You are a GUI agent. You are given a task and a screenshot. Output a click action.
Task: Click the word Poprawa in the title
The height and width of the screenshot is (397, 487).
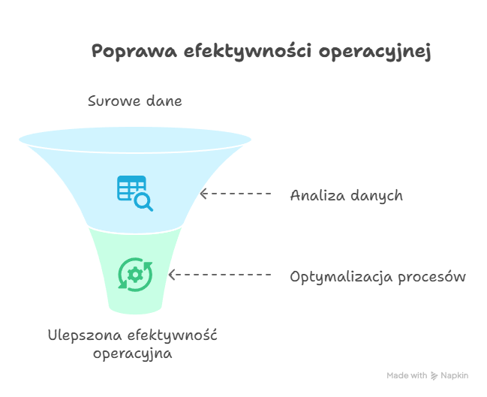click(x=134, y=51)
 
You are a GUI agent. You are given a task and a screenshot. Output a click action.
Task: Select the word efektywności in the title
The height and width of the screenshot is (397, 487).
click(x=248, y=51)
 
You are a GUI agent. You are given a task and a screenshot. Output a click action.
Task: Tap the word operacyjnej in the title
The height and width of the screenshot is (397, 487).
click(x=375, y=52)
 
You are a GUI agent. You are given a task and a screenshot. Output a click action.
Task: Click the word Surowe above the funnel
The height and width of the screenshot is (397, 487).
click(x=113, y=101)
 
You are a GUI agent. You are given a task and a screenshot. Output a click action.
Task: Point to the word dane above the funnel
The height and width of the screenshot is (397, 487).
click(x=164, y=101)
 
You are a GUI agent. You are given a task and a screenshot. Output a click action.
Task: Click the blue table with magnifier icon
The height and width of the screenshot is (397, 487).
click(x=135, y=193)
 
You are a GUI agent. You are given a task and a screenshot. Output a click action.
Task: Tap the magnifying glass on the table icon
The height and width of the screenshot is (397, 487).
click(x=143, y=202)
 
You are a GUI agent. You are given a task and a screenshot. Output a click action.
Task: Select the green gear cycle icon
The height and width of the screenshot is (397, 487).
click(x=135, y=275)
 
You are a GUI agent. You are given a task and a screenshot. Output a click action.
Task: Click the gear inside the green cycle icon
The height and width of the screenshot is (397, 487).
click(x=135, y=275)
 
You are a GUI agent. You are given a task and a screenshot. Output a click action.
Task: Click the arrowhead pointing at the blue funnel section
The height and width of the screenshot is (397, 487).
click(x=203, y=194)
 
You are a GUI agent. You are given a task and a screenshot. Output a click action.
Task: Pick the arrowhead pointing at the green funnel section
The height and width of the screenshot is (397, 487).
click(x=172, y=275)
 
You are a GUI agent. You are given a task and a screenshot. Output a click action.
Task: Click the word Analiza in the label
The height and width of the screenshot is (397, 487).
click(x=317, y=196)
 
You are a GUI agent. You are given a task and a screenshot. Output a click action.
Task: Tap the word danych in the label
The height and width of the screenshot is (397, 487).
click(x=377, y=197)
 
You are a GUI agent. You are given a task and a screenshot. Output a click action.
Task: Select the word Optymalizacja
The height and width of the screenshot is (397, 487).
click(x=341, y=277)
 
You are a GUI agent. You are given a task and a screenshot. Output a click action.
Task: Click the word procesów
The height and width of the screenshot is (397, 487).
click(x=432, y=277)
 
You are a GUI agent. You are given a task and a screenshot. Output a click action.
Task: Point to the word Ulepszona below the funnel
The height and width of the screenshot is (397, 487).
click(x=85, y=336)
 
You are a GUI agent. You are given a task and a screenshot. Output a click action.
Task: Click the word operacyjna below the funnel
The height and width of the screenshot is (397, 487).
click(x=133, y=354)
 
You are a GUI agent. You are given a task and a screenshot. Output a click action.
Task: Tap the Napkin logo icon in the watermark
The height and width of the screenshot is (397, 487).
click(x=434, y=376)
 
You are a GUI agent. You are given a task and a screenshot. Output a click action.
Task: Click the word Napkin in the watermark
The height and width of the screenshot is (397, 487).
click(x=455, y=375)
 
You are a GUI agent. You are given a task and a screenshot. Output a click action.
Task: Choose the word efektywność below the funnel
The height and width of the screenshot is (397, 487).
click(x=173, y=335)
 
